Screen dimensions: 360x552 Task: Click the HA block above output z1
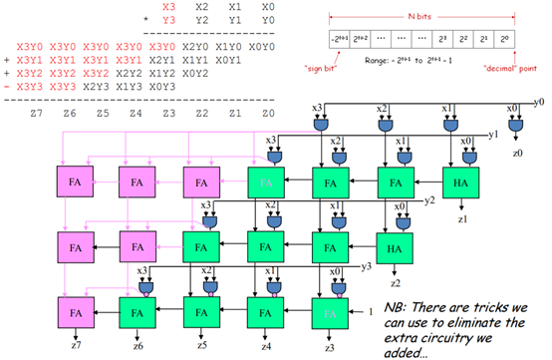pos(460,183)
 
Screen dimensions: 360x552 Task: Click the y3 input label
pos(367,265)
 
